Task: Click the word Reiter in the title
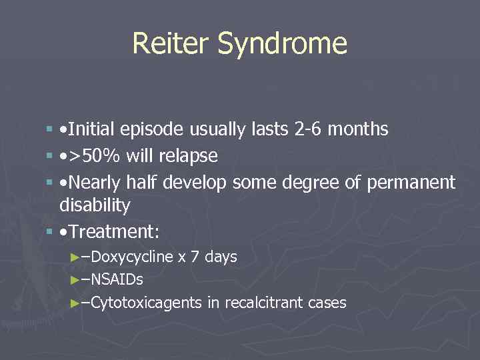pos(171,44)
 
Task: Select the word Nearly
pos(94,183)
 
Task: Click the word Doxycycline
pos(132,257)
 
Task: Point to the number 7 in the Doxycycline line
pos(195,257)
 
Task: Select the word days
pos(220,257)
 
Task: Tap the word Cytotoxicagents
pos(146,303)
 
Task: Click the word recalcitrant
pos(265,303)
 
